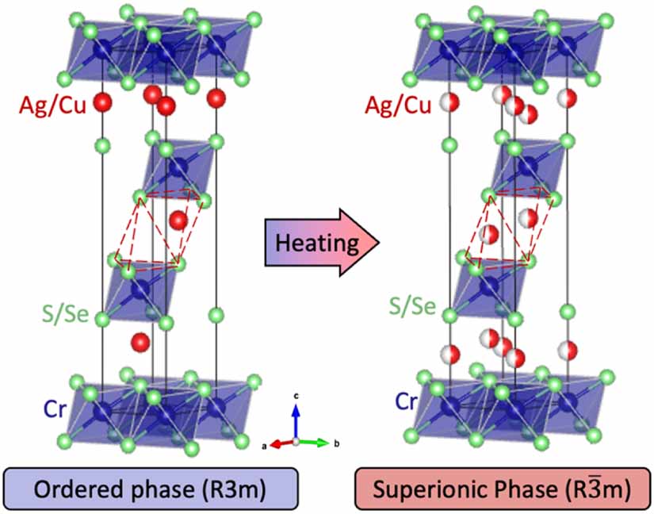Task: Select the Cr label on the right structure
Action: point(405,401)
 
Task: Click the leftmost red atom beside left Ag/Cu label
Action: point(101,102)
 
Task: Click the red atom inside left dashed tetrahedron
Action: point(178,219)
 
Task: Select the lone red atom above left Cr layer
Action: point(140,342)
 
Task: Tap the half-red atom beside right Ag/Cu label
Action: point(449,102)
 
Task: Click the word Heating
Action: point(317,241)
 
